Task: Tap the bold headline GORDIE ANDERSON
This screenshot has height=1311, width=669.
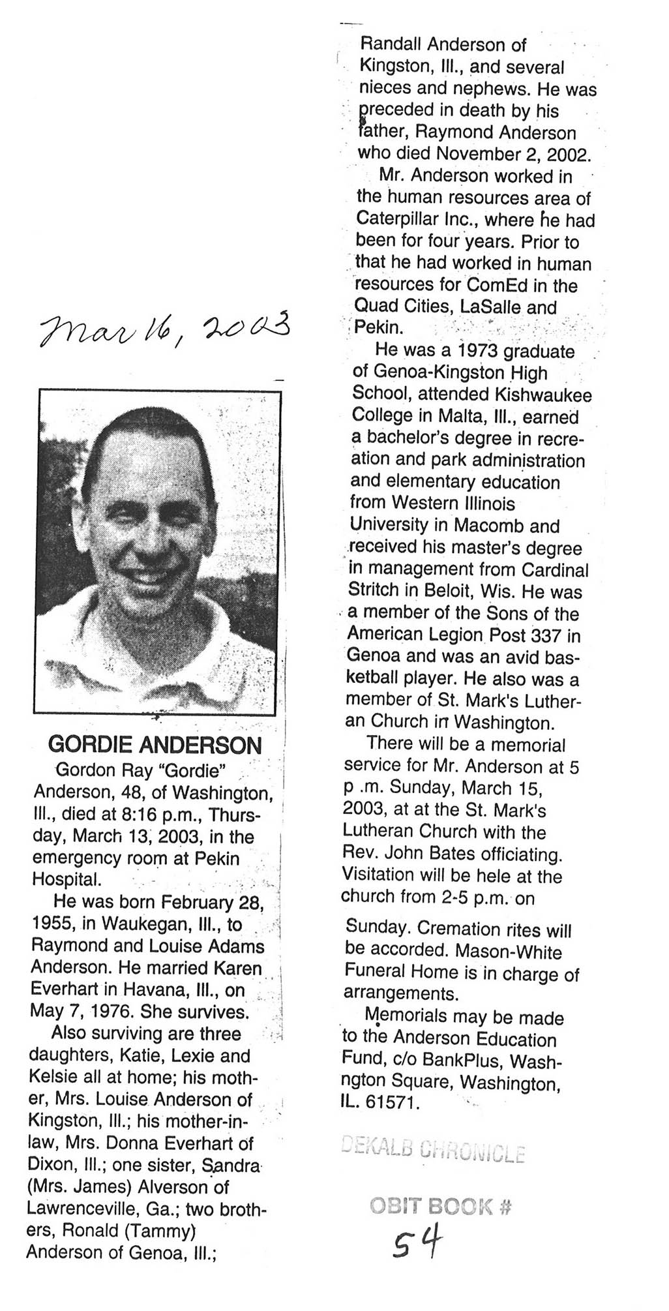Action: [x=155, y=745]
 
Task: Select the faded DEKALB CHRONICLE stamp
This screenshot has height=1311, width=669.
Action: [x=432, y=1153]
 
